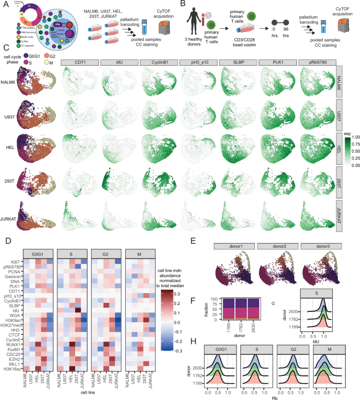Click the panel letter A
click(4, 5)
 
